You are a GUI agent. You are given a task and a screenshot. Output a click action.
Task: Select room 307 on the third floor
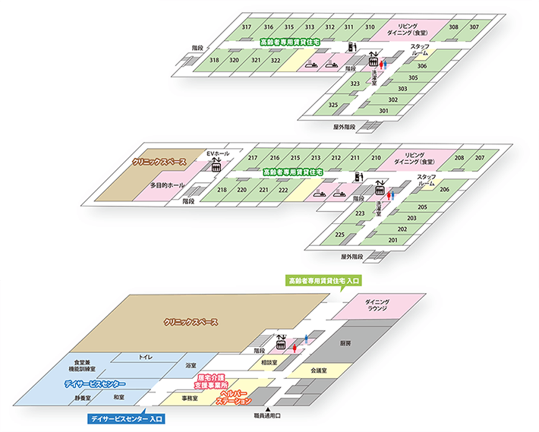474,27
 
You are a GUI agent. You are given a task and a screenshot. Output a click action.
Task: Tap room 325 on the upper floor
333,105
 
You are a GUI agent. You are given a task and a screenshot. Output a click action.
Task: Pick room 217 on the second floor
254,158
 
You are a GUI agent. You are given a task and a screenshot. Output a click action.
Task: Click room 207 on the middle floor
480,158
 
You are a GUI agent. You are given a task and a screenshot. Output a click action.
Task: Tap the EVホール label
218,154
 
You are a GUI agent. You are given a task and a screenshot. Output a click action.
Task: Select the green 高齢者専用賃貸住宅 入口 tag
323,281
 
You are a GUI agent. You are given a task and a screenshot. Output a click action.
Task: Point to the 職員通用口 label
267,417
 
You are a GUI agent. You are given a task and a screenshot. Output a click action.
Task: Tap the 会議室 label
318,371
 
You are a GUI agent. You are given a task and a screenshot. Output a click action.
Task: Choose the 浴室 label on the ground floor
191,366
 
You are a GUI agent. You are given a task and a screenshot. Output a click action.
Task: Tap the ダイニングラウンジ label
377,306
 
